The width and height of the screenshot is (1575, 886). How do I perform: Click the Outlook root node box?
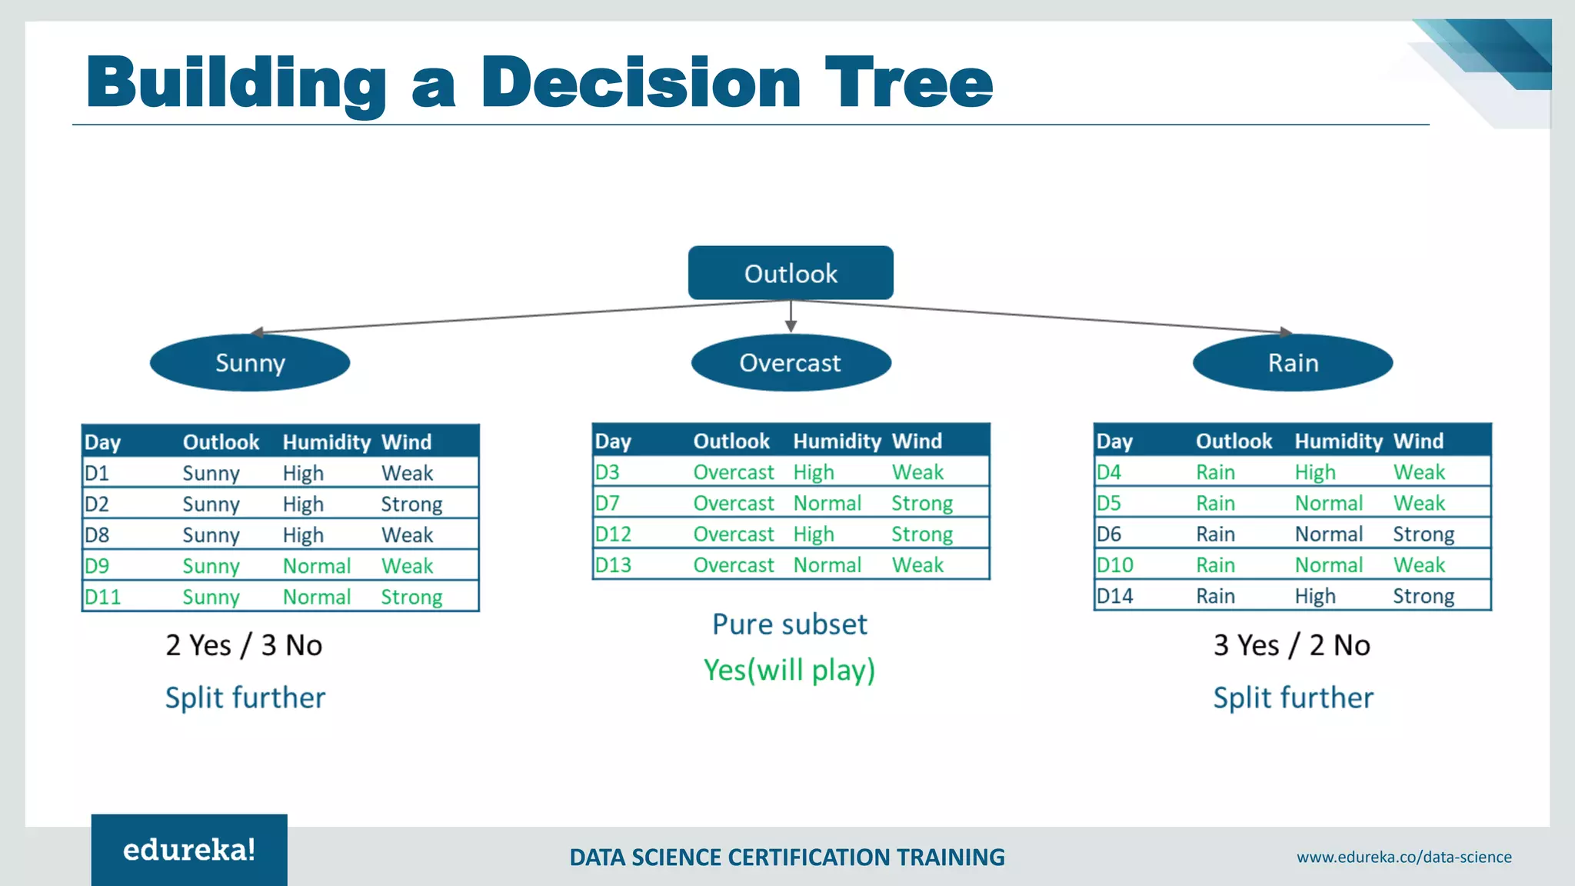click(x=790, y=273)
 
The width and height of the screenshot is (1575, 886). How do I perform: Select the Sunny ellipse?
click(x=250, y=362)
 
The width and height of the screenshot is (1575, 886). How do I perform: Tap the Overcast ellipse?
click(x=791, y=362)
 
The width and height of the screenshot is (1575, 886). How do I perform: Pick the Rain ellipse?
click(x=1293, y=362)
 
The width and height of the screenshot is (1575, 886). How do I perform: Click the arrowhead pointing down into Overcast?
click(x=791, y=327)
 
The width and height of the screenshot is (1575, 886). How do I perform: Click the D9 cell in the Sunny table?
click(x=98, y=566)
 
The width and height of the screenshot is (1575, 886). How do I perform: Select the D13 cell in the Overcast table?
click(x=613, y=565)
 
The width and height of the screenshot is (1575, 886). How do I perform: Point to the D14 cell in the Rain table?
click(x=1114, y=596)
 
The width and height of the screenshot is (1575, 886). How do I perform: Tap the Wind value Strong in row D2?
click(x=411, y=505)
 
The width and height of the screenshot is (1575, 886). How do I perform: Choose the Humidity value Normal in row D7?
click(x=827, y=503)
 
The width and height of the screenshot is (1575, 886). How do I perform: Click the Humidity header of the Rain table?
click(x=1338, y=441)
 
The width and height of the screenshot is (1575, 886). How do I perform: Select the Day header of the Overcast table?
click(x=613, y=441)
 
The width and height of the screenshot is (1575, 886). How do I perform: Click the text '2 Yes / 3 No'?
click(x=244, y=645)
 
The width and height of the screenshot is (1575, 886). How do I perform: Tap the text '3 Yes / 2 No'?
click(x=1291, y=645)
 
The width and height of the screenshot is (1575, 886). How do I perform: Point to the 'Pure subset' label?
click(x=789, y=624)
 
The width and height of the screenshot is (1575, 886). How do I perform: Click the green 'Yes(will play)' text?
click(x=789, y=670)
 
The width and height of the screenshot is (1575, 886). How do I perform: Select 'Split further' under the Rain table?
click(x=1293, y=698)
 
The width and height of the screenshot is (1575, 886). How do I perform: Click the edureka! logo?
click(x=189, y=850)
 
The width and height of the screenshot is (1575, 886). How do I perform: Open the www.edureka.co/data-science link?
click(x=1404, y=857)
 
